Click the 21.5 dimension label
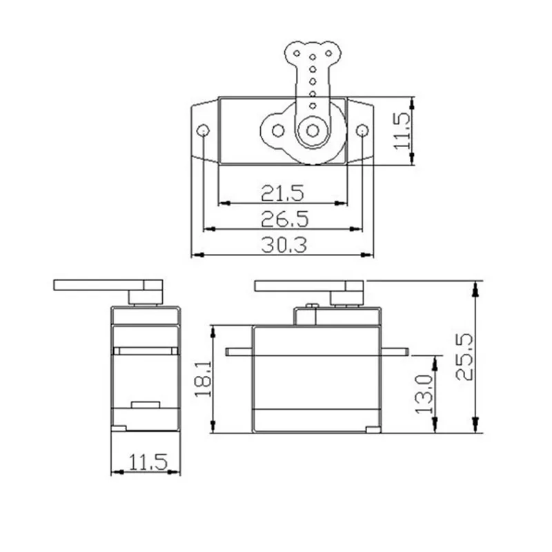coord(282,193)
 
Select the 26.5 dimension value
coord(285,219)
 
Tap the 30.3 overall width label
coord(284,245)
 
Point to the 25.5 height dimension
coord(464,357)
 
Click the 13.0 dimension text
coord(424,394)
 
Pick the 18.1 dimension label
coord(203,378)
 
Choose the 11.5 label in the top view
coord(402,131)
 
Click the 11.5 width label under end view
coord(148,462)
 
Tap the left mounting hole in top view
coord(203,131)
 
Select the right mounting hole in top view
coord(362,131)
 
